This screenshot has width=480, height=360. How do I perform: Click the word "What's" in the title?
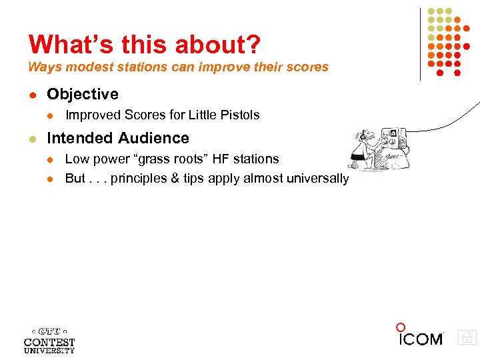coord(63,44)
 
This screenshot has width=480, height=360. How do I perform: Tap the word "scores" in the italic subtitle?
coord(309,67)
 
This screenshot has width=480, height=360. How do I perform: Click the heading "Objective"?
coord(83,94)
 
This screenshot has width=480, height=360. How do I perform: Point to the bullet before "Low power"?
coord(49,159)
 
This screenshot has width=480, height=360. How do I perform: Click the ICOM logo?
coord(421,339)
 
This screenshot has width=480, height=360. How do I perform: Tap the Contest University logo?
coord(49,339)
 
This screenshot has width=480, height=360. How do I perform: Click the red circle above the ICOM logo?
coord(401,327)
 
